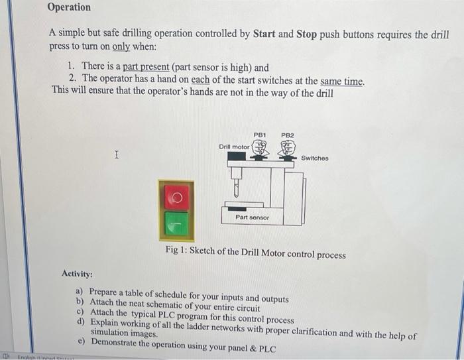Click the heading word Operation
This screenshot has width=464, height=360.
click(69, 7)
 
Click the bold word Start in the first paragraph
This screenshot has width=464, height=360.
click(268, 34)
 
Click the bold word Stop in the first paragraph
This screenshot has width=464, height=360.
click(306, 34)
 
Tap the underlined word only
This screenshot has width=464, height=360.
click(121, 48)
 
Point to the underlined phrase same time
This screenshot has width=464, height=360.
click(342, 81)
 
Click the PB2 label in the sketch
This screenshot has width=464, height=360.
click(287, 135)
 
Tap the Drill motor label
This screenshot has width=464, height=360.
click(234, 147)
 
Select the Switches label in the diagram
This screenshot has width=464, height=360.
click(314, 158)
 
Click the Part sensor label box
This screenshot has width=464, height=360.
click(253, 217)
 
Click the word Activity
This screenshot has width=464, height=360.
click(77, 274)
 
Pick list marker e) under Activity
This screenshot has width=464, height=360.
click(81, 342)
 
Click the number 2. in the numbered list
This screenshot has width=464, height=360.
click(73, 81)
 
